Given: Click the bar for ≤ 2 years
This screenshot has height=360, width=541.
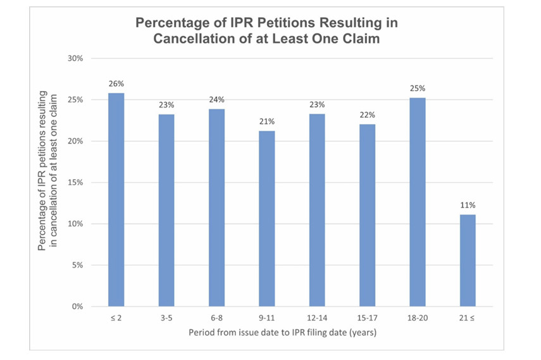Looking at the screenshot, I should tap(116, 200).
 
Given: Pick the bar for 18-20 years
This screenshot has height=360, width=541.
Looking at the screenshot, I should tap(418, 202).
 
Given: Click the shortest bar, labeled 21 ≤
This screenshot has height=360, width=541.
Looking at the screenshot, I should tap(468, 261).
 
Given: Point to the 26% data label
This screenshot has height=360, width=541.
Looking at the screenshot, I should tap(116, 84).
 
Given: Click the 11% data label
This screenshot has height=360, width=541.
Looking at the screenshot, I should tap(468, 205).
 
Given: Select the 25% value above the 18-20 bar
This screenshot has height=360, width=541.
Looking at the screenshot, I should tap(418, 88).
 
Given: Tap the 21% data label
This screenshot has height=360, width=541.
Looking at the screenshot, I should tap(267, 121).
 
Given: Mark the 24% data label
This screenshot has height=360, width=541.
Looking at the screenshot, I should tap(217, 99).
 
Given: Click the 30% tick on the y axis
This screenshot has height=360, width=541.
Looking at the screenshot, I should tap(75, 58).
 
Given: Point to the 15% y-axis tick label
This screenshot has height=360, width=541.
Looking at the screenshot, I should tap(75, 183).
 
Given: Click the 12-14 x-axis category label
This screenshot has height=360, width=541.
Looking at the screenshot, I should tap(317, 318).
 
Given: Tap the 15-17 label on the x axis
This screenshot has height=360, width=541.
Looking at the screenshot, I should tap(368, 318).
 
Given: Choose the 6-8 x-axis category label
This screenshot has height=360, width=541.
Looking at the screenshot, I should tap(217, 318).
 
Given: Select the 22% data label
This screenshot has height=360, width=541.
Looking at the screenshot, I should tap(368, 115).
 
